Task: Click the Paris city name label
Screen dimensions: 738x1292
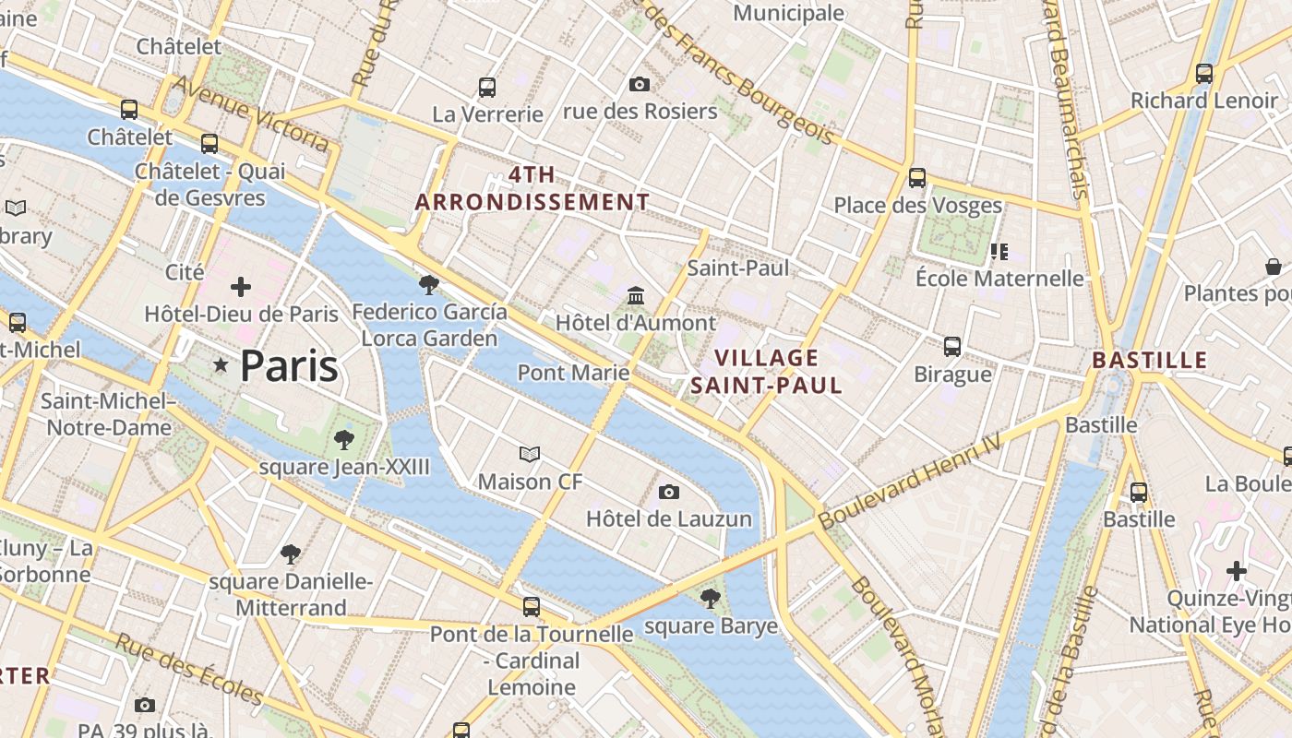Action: [289, 366]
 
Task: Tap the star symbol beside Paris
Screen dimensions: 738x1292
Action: [221, 366]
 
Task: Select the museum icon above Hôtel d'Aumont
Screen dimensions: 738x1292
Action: [636, 296]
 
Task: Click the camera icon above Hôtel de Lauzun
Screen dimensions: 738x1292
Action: [669, 493]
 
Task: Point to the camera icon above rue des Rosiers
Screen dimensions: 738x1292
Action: [639, 85]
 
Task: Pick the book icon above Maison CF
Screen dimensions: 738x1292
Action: [530, 454]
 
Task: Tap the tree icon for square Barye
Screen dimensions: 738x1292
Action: [710, 600]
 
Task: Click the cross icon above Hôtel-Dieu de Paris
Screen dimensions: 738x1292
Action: [241, 287]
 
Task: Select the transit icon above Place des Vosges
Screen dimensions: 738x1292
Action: [916, 178]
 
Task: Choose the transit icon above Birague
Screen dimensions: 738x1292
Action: [952, 347]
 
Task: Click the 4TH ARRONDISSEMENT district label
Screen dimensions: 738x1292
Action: [532, 188]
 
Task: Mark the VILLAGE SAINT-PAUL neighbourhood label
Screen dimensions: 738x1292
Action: [767, 372]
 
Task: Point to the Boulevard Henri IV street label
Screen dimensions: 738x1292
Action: [909, 482]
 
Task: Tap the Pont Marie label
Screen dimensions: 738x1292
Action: [573, 373]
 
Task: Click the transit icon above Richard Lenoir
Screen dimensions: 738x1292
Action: [1203, 74]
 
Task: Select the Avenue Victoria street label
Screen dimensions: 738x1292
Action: [250, 113]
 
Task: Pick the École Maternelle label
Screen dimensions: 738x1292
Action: [999, 278]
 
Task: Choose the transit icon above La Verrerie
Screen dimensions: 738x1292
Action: [487, 88]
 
